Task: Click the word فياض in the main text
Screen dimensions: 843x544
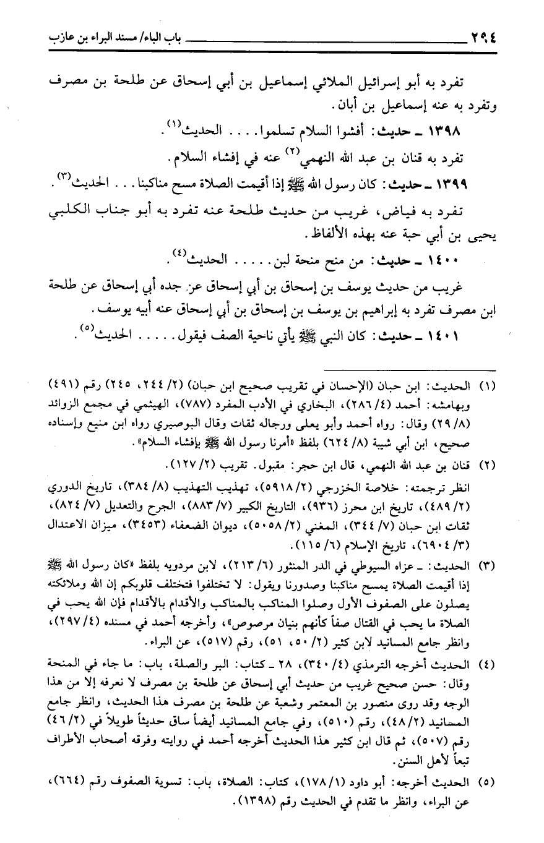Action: pos(440,210)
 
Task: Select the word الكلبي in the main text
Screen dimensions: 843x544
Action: pos(69,210)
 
